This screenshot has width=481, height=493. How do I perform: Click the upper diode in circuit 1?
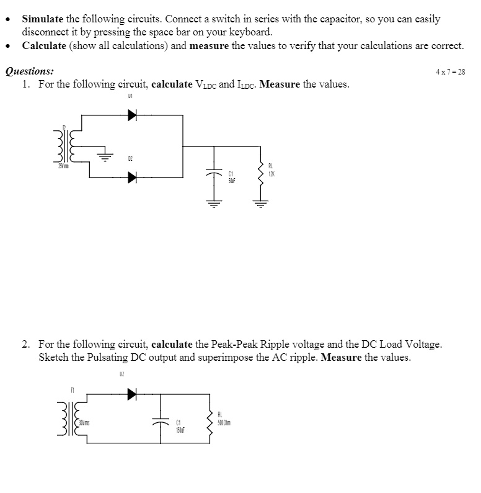[132, 114]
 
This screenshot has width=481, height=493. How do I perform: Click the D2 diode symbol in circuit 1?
[132, 178]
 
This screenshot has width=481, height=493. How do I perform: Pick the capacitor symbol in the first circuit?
[215, 175]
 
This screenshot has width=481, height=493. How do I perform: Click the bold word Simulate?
[43, 19]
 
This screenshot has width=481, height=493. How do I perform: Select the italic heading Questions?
[29, 71]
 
